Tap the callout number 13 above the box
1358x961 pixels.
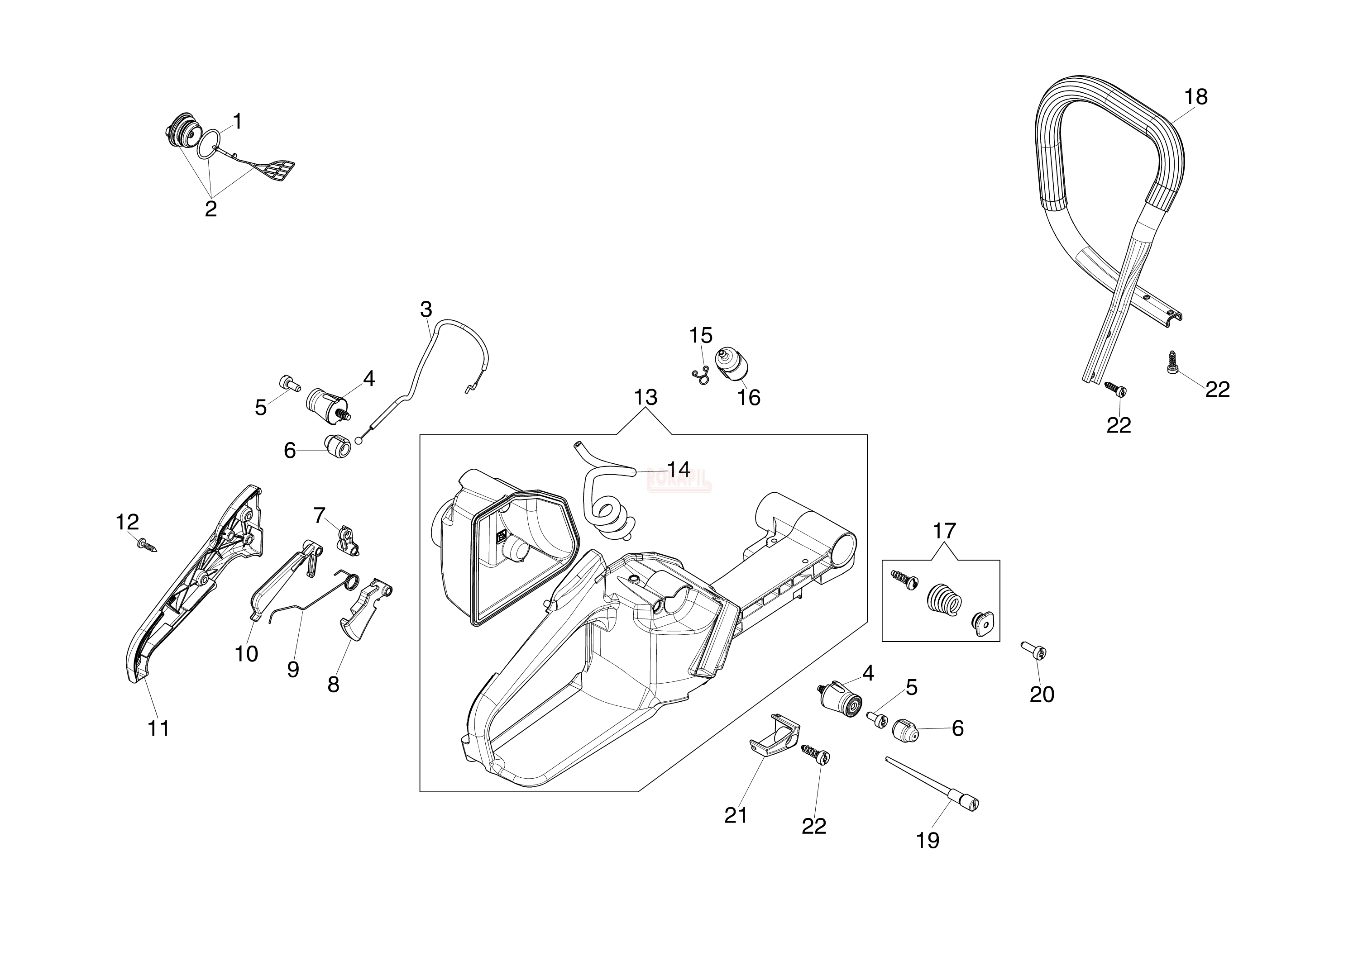[645, 397]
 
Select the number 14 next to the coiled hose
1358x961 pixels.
[679, 469]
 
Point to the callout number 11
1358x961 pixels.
[158, 728]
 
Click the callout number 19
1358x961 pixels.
[928, 840]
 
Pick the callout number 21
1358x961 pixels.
[736, 815]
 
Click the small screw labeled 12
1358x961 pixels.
[147, 543]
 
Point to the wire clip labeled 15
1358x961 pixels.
[700, 375]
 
